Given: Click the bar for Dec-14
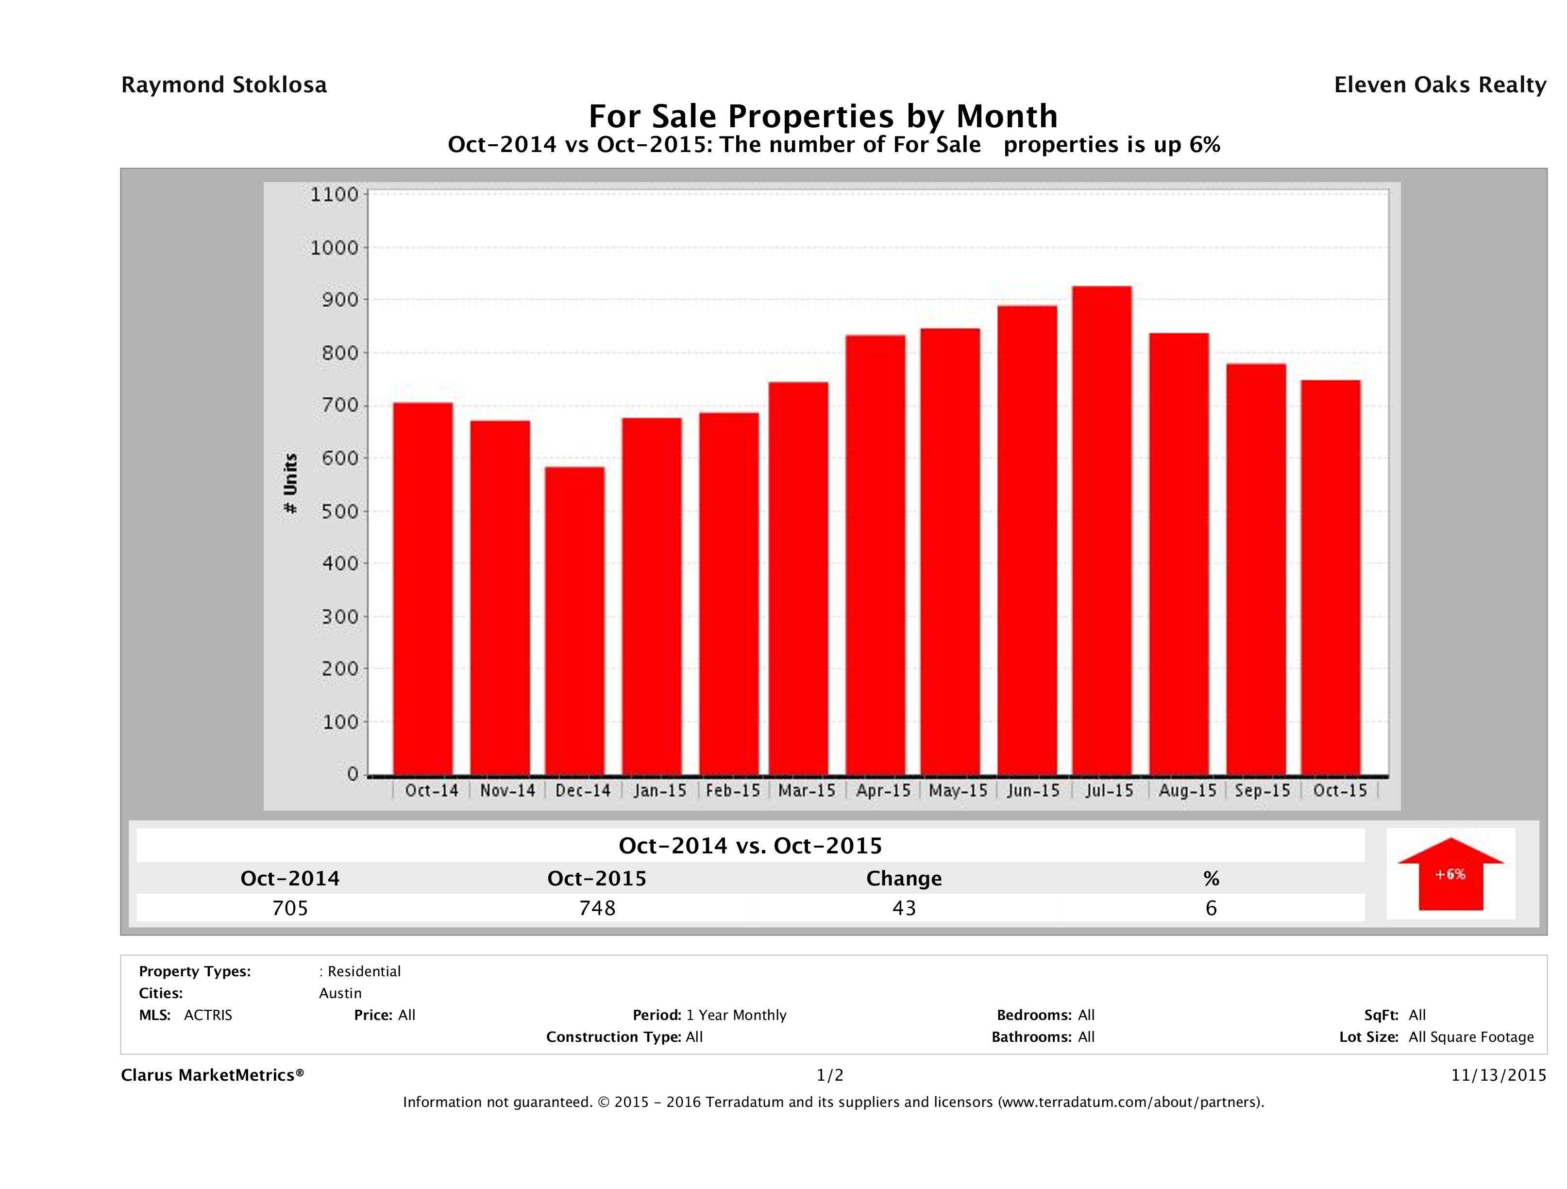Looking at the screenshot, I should click(x=574, y=621).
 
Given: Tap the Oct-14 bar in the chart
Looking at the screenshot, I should click(x=423, y=588).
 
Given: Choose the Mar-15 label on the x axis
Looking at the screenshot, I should click(x=807, y=791).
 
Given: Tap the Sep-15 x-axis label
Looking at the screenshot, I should click(x=1263, y=791).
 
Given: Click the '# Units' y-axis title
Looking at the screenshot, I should click(x=290, y=484).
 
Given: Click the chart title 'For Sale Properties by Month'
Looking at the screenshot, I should click(x=823, y=116).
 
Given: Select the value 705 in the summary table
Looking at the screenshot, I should click(x=290, y=908).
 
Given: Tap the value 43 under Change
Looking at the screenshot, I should click(x=904, y=908).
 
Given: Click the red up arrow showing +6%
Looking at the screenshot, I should click(x=1450, y=874).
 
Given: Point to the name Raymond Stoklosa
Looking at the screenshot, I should click(x=224, y=85).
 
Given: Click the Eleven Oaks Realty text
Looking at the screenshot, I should click(x=1439, y=85).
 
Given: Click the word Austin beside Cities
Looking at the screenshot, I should click(x=340, y=993).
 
